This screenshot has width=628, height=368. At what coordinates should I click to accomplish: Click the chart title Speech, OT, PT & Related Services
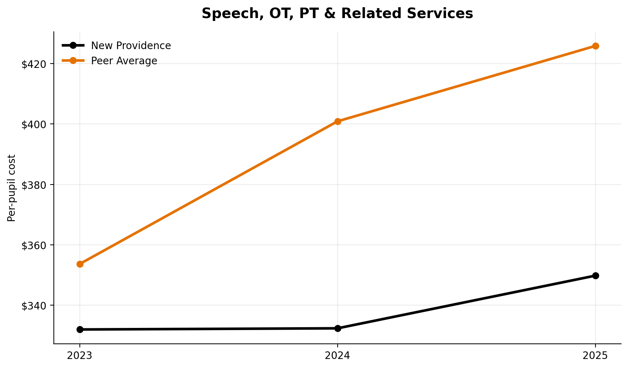(337, 14)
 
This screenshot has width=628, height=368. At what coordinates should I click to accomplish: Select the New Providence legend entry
(131, 46)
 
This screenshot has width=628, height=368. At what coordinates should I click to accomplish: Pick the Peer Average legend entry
(124, 61)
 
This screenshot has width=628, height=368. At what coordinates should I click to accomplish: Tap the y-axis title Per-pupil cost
(12, 188)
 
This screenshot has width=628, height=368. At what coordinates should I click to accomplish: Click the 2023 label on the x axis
(80, 356)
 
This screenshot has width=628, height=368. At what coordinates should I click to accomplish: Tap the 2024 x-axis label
(337, 356)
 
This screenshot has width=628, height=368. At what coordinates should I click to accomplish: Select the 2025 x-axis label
(595, 356)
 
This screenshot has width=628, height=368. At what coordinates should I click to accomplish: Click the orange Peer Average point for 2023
(80, 264)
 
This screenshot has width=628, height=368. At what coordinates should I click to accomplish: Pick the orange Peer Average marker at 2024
(337, 121)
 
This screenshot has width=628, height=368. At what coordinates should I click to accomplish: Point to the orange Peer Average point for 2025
(595, 46)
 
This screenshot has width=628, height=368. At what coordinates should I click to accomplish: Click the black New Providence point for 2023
(80, 329)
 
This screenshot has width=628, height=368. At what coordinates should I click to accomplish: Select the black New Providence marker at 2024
(337, 328)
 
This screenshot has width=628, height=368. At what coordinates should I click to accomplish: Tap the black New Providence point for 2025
(595, 276)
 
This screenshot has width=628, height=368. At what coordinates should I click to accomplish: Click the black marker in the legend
(73, 46)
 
